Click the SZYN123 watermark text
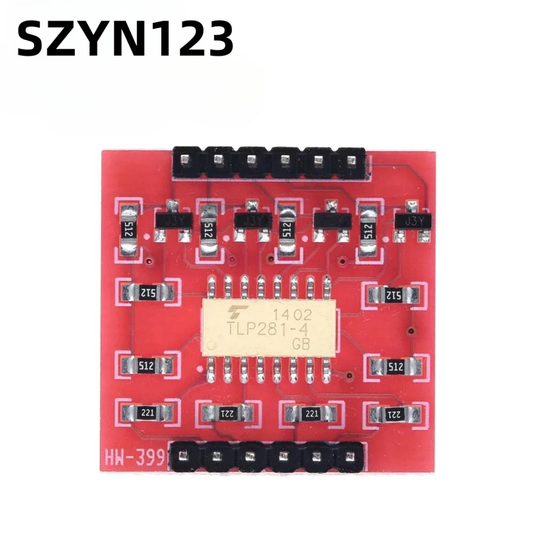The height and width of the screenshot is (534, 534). pos(126,38)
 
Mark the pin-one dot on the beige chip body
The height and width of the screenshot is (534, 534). pos(213,344)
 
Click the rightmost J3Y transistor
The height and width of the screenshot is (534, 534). pos(411,220)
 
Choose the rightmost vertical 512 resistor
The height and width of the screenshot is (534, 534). pos(367,230)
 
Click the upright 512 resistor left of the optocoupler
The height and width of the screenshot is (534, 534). pos(145,366)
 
